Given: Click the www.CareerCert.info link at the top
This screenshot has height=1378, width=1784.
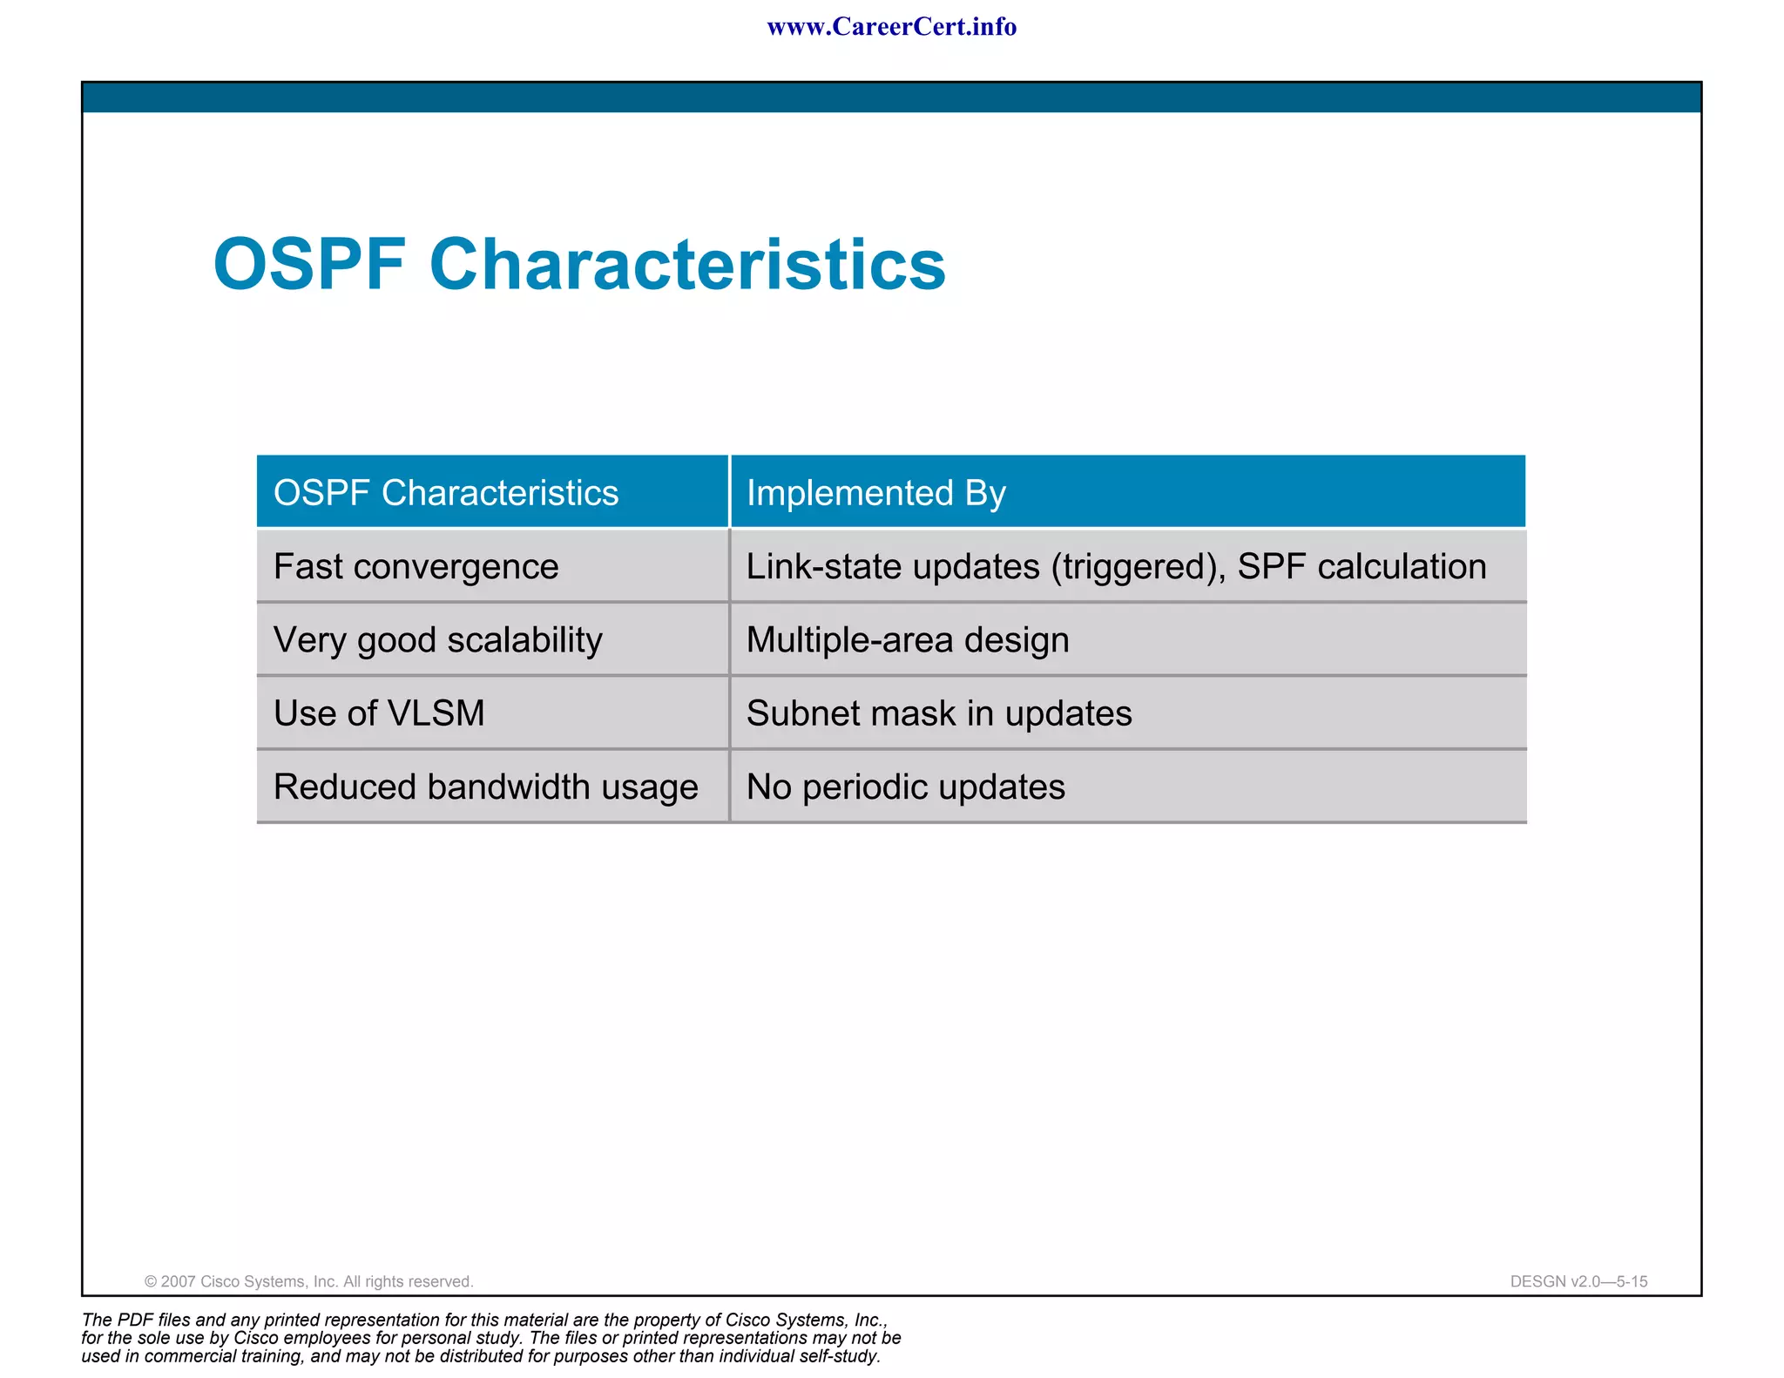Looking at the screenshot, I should click(x=891, y=27).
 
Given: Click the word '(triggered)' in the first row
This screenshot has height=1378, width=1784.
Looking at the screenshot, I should click(x=1138, y=567).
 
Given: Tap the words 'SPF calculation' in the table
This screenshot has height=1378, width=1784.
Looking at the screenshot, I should click(x=1362, y=567).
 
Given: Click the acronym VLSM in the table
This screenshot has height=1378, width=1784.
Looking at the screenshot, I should click(x=436, y=713).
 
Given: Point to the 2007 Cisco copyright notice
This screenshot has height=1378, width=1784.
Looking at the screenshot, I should click(x=308, y=1281).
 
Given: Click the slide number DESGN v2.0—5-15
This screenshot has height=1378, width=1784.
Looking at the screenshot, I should click(x=1578, y=1281).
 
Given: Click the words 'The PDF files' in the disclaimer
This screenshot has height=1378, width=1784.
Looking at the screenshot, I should click(x=136, y=1320).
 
